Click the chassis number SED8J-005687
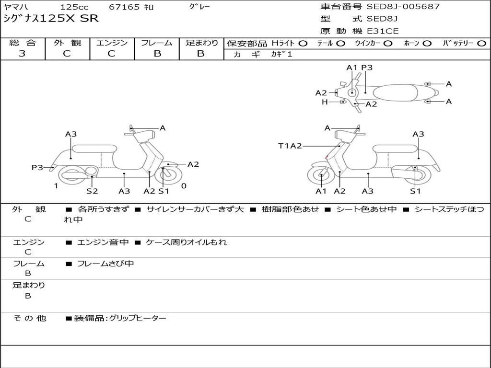(x=403, y=7)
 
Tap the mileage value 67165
(x=124, y=7)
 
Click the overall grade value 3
(x=22, y=54)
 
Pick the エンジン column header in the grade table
(x=112, y=43)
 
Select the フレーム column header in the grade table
(x=157, y=43)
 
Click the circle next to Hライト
(x=303, y=44)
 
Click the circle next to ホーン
(x=427, y=44)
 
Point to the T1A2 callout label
(x=290, y=146)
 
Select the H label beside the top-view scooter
(x=325, y=102)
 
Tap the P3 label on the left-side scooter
(x=37, y=167)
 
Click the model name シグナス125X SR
(x=51, y=19)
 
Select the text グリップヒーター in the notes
(x=138, y=318)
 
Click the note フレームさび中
(x=105, y=264)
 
